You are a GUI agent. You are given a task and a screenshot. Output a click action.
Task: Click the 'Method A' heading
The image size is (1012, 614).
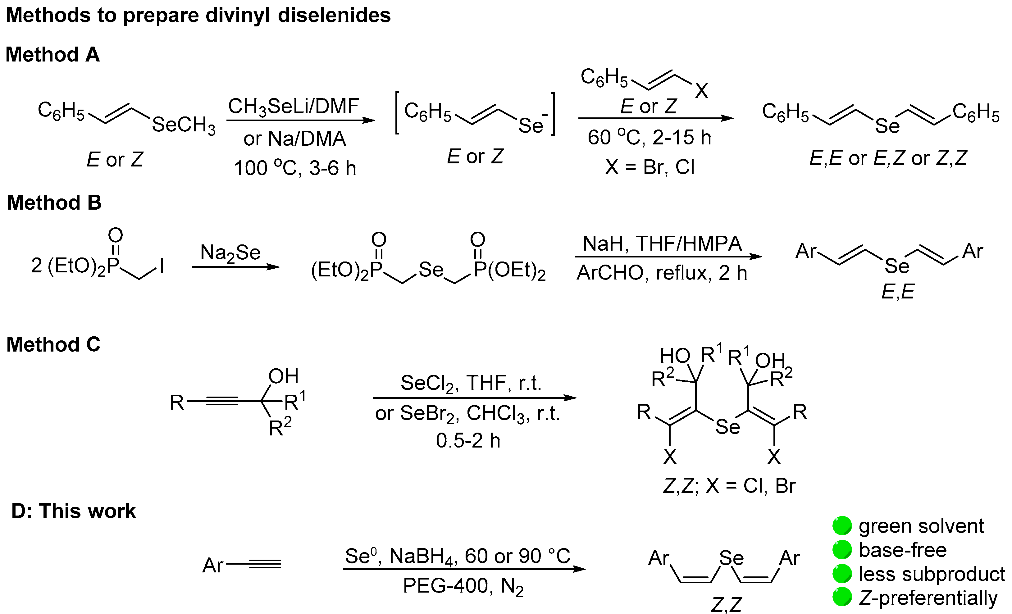pyautogui.click(x=52, y=55)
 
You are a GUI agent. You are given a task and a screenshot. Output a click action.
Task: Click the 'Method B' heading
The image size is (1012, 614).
pyautogui.click(x=54, y=202)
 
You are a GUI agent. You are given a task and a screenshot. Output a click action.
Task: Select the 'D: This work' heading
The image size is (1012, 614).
pyautogui.click(x=73, y=511)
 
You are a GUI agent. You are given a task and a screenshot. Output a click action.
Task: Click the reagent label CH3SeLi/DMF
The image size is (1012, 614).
pyautogui.click(x=293, y=107)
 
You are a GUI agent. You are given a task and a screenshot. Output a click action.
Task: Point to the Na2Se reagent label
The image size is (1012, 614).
pyautogui.click(x=230, y=252)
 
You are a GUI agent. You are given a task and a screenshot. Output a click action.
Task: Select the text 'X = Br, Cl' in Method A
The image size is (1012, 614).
pyautogui.click(x=650, y=167)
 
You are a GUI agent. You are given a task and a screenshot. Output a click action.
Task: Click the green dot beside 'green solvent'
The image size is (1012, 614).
pyautogui.click(x=842, y=526)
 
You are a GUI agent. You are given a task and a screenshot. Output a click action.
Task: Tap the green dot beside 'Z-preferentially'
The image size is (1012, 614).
pyautogui.click(x=842, y=597)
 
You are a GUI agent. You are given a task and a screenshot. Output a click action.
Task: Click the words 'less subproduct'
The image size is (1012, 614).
pyautogui.click(x=932, y=574)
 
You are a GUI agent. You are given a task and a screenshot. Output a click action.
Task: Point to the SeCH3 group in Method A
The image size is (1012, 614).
pyautogui.click(x=184, y=125)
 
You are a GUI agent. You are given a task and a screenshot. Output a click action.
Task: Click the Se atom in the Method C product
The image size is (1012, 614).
pyautogui.click(x=727, y=427)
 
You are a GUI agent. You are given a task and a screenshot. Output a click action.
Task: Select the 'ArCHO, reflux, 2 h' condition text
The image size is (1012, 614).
pyautogui.click(x=661, y=273)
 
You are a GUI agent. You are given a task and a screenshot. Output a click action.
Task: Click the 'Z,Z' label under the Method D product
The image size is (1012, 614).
pyautogui.click(x=726, y=605)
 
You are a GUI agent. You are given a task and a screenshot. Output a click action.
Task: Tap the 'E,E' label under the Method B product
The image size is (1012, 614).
pyautogui.click(x=898, y=292)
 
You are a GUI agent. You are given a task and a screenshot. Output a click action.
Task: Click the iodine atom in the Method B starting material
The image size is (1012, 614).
pyautogui.click(x=162, y=266)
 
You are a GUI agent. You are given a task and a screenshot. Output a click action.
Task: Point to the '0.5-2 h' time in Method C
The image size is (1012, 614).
pyautogui.click(x=468, y=441)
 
